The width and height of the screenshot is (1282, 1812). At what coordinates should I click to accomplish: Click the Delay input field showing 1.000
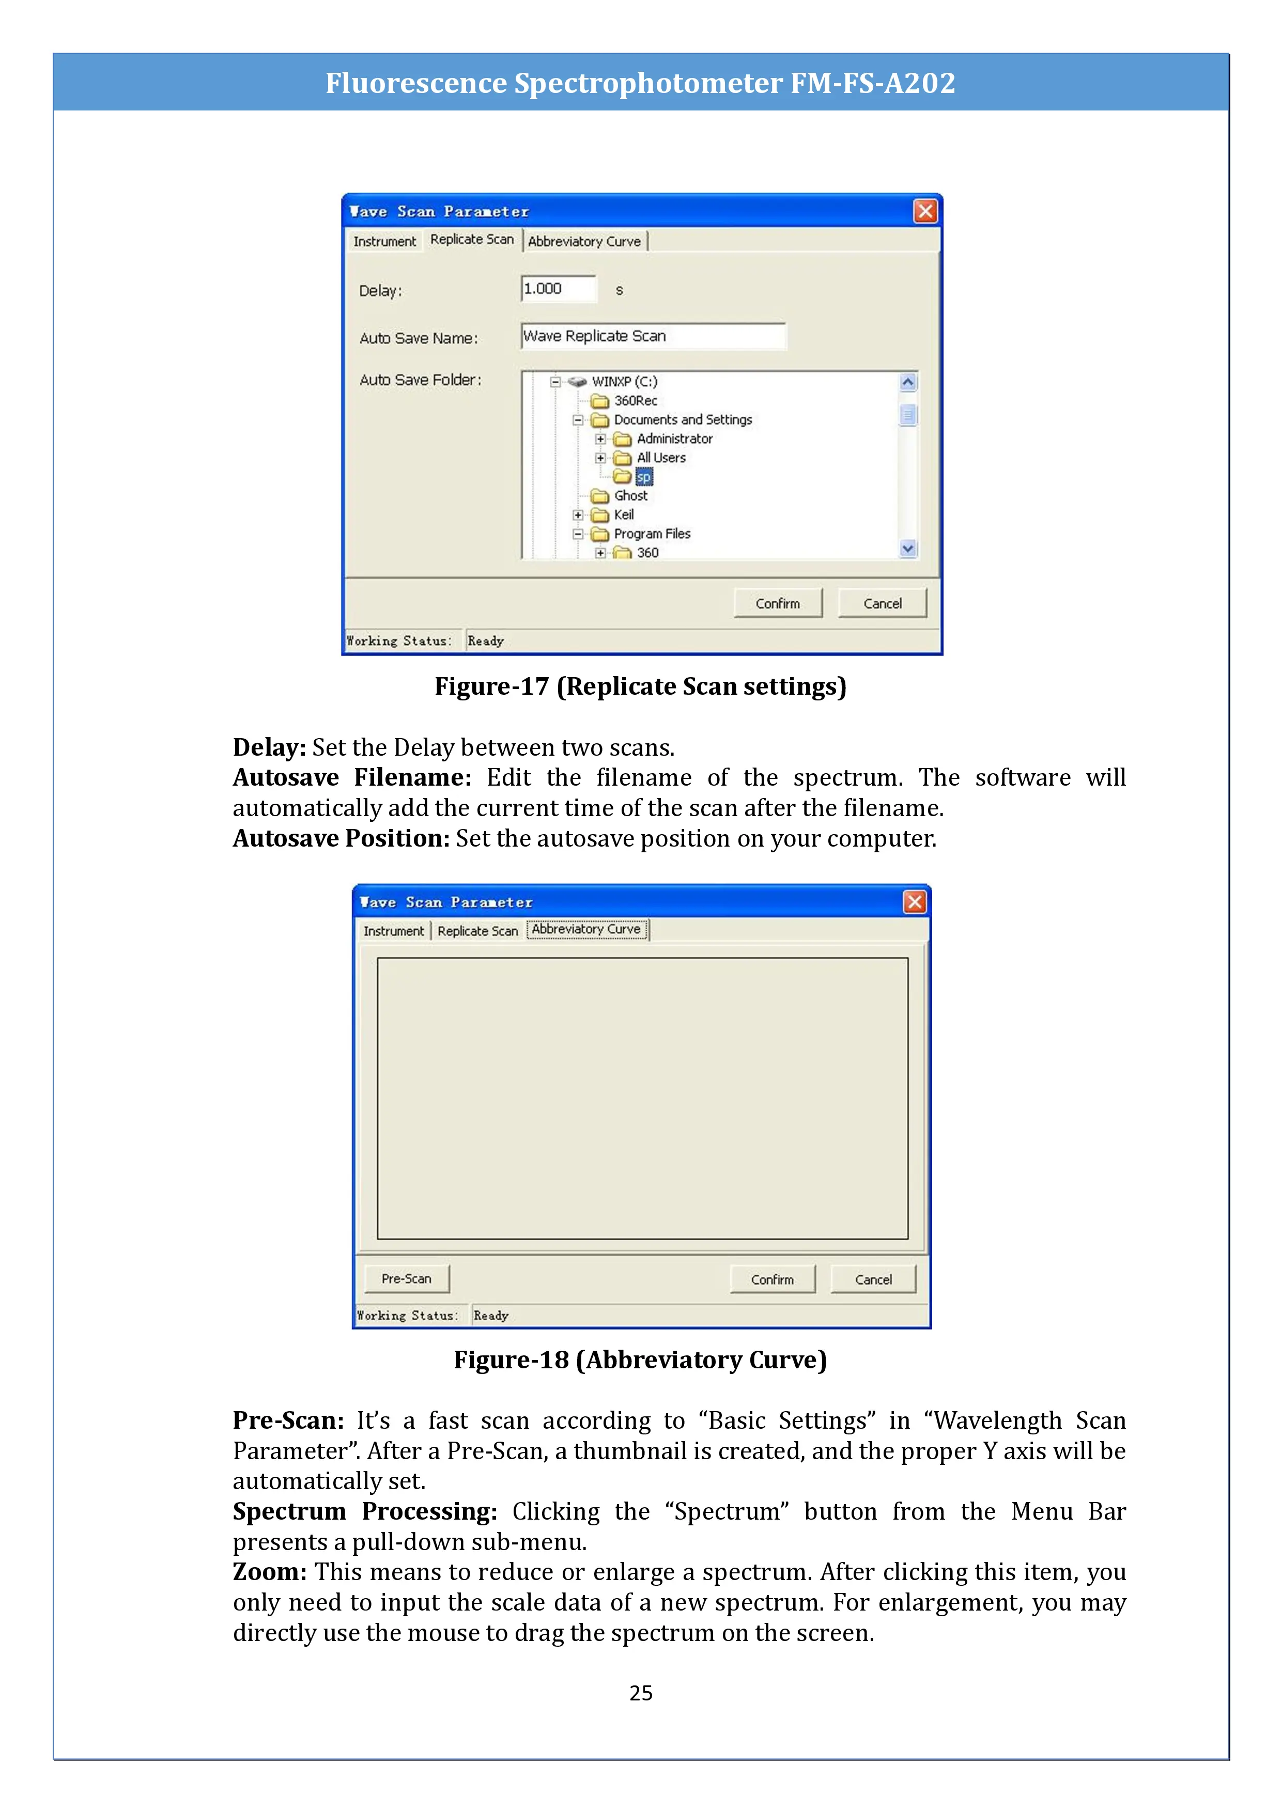[558, 289]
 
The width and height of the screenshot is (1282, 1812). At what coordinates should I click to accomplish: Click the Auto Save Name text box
[653, 336]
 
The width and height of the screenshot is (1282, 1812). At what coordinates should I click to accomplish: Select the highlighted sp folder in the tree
[644, 477]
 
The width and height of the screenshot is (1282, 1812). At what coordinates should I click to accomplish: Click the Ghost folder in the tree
[630, 496]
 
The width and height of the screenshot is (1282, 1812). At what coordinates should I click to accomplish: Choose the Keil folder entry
[624, 514]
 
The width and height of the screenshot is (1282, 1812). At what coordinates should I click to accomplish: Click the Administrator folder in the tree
[674, 439]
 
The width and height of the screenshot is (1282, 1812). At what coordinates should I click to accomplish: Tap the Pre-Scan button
[407, 1278]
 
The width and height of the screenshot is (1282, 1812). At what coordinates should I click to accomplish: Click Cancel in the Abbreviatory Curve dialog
[873, 1279]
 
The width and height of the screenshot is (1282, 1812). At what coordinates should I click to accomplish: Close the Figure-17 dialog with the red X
[925, 211]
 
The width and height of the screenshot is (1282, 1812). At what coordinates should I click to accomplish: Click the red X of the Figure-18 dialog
[914, 902]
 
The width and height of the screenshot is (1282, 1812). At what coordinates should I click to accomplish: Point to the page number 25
[641, 1693]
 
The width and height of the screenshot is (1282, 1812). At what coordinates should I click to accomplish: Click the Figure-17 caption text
[640, 686]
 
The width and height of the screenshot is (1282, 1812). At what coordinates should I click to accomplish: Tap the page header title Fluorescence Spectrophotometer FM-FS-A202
[640, 83]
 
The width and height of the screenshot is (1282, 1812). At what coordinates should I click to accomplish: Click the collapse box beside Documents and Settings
[578, 420]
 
